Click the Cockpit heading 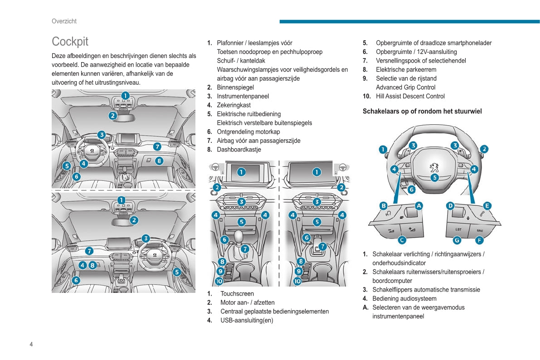[70, 41]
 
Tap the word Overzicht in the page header [64, 21]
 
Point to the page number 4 [31, 344]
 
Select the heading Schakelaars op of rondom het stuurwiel [422, 111]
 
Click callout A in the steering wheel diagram [419, 205]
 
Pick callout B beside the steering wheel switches [383, 205]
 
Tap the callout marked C [402, 240]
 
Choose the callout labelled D [450, 205]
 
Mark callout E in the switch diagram [487, 205]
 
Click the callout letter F [479, 240]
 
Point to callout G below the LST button [457, 240]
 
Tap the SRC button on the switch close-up [480, 230]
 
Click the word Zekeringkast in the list [234, 105]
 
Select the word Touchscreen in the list [237, 294]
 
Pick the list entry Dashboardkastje [239, 150]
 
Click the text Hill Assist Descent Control [410, 96]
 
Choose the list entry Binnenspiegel [235, 88]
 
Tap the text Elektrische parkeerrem [406, 70]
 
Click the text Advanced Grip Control [405, 88]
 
